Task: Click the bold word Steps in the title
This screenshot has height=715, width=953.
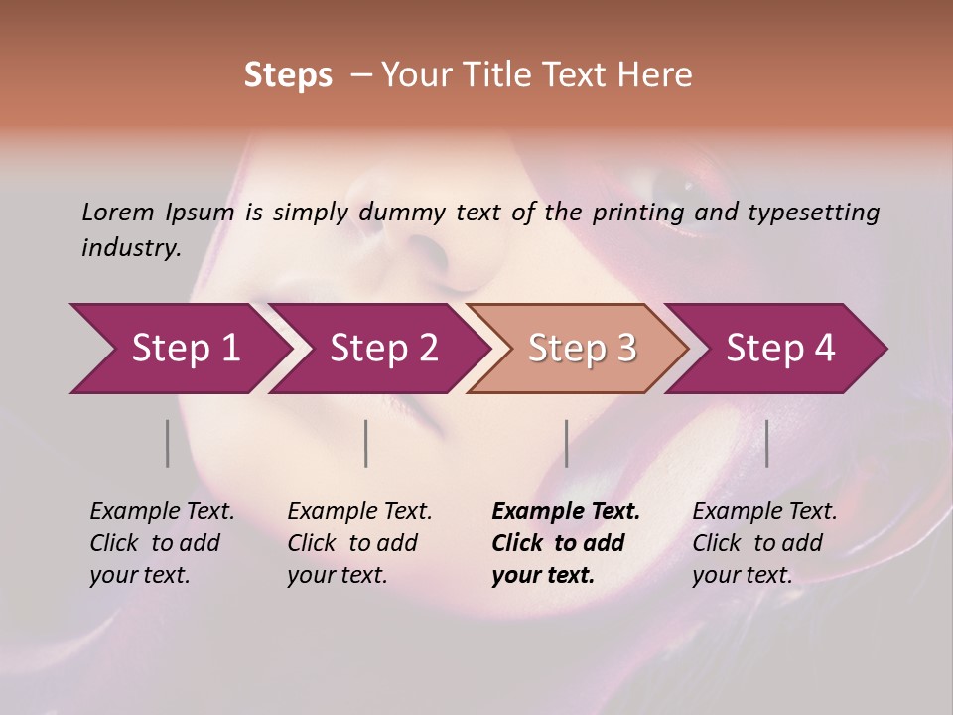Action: pyautogui.click(x=288, y=75)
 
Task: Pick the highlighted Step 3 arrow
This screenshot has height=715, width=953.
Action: pyautogui.click(x=582, y=349)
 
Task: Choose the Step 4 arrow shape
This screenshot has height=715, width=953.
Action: pyautogui.click(x=780, y=349)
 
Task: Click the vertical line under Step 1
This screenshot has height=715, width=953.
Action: pyautogui.click(x=168, y=443)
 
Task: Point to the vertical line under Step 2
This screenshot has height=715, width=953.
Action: pyautogui.click(x=366, y=443)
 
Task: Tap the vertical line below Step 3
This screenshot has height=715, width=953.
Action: pyautogui.click(x=567, y=443)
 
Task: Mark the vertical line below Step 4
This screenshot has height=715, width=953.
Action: pyautogui.click(x=767, y=443)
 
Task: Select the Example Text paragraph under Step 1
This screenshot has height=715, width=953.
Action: pyautogui.click(x=162, y=543)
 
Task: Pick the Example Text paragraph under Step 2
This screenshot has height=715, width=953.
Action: pyautogui.click(x=359, y=543)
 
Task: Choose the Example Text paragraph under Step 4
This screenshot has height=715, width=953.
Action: pyautogui.click(x=764, y=543)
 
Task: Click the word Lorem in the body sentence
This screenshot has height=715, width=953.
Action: pyautogui.click(x=118, y=212)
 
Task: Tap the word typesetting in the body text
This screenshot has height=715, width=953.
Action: pyautogui.click(x=813, y=213)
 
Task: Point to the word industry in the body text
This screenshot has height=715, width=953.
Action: pyautogui.click(x=131, y=248)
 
